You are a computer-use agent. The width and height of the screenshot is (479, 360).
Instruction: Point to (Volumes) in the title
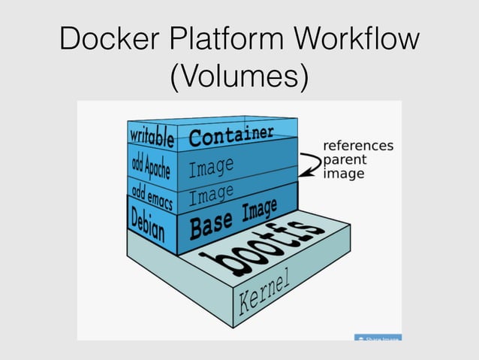pos(239,78)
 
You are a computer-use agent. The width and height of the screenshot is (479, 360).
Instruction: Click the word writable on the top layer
pos(152,138)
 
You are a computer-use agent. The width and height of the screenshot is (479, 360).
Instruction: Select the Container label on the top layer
pos(230,136)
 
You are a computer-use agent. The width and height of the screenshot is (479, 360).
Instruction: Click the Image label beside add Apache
pos(211,166)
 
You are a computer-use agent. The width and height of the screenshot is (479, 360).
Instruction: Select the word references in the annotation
pos(357,145)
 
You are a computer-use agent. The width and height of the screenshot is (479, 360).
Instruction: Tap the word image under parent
pos(343,174)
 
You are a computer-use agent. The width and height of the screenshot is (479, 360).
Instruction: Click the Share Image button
pos(378,339)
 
